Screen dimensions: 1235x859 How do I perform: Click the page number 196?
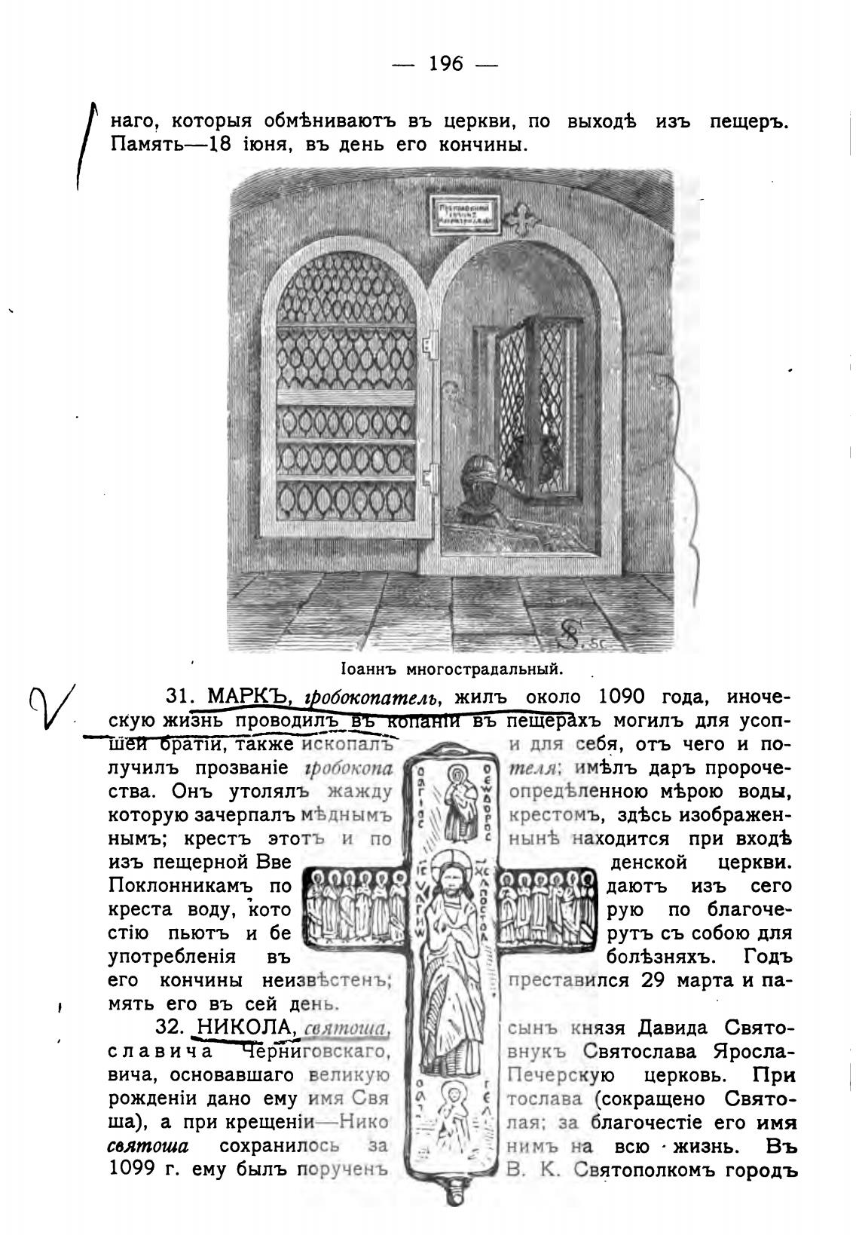pos(445,64)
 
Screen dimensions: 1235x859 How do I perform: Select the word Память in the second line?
pos(145,143)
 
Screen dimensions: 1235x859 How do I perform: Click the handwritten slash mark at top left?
pos(85,147)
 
